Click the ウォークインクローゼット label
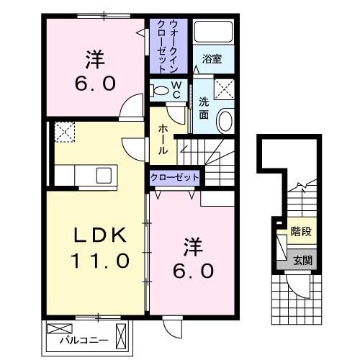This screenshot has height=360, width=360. pos(168,44)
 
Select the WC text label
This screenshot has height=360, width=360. pos(176,91)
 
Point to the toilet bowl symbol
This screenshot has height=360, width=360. pos(160,91)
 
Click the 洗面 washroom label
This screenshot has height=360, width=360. pos(204,108)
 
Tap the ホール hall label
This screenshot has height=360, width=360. pos(163,138)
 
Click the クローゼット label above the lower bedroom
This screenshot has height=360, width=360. pos(174,176)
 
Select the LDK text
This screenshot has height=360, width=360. pos(101,235)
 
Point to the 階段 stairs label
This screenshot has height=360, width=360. pos(301,232)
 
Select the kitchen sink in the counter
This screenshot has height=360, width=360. pos(104,175)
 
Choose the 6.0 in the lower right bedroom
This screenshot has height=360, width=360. pos(192,271)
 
